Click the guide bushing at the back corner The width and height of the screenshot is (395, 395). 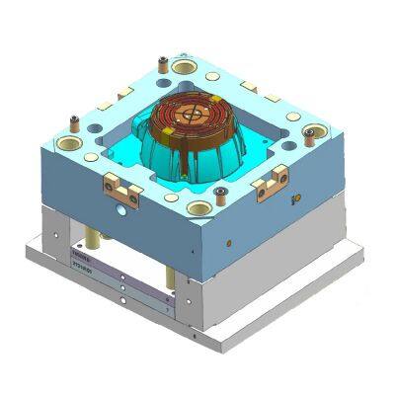pos(184,67)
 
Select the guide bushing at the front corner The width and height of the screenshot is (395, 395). pos(198,208)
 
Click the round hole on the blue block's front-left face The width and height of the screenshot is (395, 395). pos(119,209)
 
